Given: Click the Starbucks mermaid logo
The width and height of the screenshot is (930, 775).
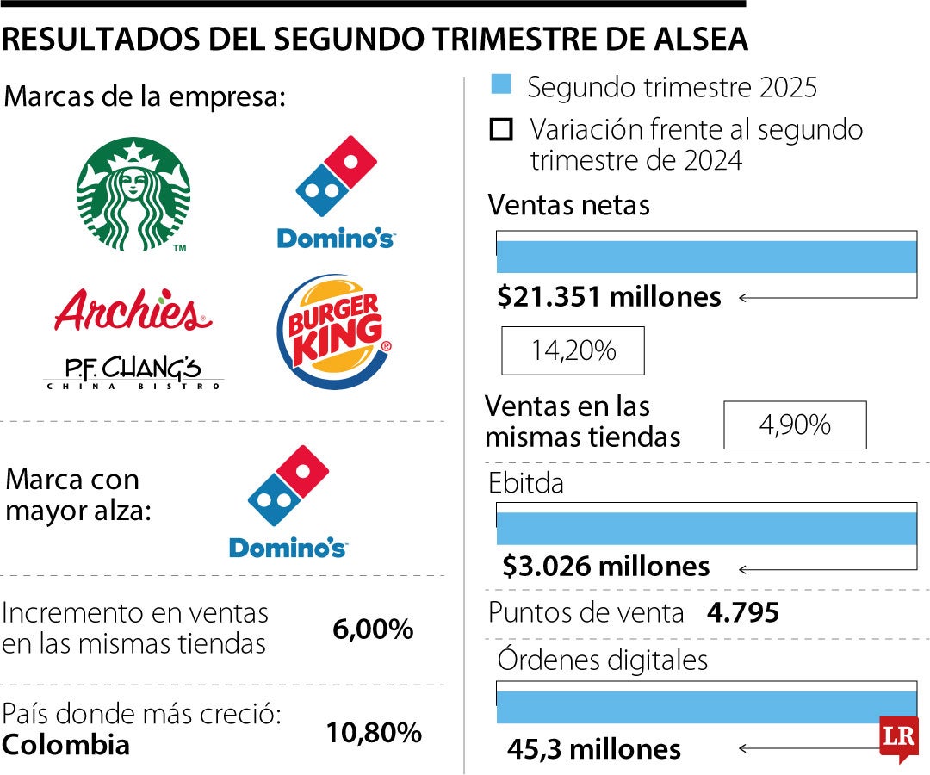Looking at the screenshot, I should (133, 195).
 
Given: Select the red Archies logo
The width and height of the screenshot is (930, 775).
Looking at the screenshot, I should (133, 310).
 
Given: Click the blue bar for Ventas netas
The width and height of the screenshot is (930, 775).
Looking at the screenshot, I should (706, 257).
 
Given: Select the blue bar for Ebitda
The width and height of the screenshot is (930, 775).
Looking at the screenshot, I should (706, 528).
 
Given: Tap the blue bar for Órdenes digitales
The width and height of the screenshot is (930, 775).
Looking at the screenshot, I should (689, 707).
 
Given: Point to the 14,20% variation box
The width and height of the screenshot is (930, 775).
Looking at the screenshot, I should (573, 350).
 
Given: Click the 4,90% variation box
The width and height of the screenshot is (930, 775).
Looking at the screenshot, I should (795, 425).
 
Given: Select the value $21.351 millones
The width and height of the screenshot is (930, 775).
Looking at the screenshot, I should (609, 297).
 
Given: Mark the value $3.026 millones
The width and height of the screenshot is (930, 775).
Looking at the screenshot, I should (606, 567).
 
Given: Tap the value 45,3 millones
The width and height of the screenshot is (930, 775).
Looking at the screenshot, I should (593, 749).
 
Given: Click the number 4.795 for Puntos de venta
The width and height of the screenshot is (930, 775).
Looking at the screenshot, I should (742, 613).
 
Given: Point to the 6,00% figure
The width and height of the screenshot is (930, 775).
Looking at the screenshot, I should (373, 629).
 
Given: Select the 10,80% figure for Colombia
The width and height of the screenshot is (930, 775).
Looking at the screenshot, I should (373, 733).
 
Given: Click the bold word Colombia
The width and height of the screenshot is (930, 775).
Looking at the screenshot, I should (65, 745).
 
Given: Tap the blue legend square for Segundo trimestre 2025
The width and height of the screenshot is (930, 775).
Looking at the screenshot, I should (501, 84).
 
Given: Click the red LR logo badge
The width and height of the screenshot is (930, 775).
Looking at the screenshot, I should (899, 738).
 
